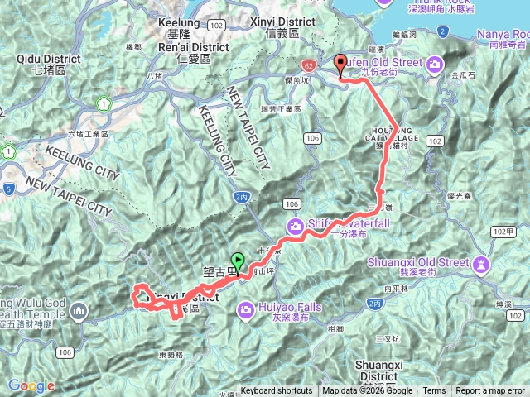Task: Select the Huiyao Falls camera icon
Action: tap(247, 310)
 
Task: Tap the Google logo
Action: tap(31, 385)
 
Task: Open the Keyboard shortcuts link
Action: tap(277, 391)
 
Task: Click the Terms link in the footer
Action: tap(434, 391)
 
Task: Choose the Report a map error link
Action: tap(489, 391)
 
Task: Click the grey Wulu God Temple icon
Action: tap(79, 311)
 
